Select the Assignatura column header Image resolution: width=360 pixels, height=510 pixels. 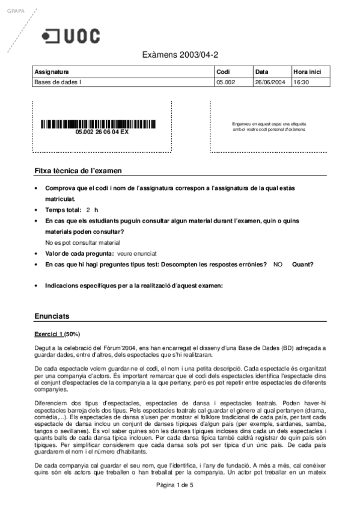(x=52, y=72)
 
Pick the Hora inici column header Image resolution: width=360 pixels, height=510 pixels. (x=307, y=72)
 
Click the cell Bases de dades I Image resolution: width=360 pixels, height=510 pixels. (x=58, y=82)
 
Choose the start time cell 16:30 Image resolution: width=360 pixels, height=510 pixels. (x=301, y=82)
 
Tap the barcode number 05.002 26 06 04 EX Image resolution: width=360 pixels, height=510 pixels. (x=102, y=132)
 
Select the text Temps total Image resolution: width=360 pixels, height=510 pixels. (x=63, y=210)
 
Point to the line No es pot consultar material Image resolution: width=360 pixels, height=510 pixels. (x=83, y=242)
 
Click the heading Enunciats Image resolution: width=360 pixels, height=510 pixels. (x=52, y=316)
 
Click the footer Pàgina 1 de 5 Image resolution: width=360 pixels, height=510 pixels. (x=175, y=502)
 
